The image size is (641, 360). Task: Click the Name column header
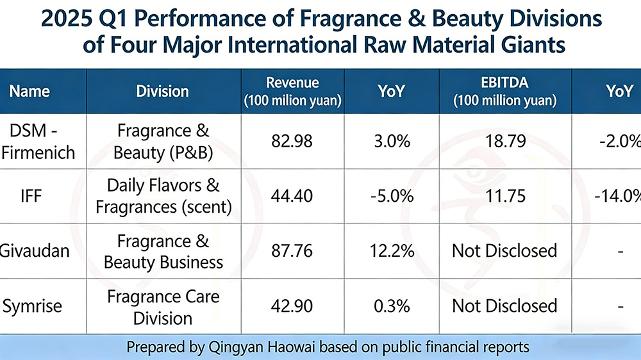pyautogui.click(x=30, y=91)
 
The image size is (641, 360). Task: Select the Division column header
pyautogui.click(x=162, y=91)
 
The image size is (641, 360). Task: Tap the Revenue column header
pyautogui.click(x=292, y=91)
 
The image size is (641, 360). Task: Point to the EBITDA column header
pyautogui.click(x=505, y=91)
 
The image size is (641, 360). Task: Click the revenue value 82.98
pyautogui.click(x=292, y=142)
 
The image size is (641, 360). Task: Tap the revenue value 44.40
pyautogui.click(x=292, y=195)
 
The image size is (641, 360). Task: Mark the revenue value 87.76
pyautogui.click(x=292, y=250)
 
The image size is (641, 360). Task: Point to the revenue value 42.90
pyautogui.click(x=292, y=306)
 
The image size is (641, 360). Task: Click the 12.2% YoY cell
pyautogui.click(x=391, y=250)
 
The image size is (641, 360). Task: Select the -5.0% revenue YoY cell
pyautogui.click(x=391, y=195)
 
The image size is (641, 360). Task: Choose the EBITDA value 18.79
pyautogui.click(x=504, y=142)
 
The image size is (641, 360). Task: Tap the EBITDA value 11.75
pyautogui.click(x=504, y=195)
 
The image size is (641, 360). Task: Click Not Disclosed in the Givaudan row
pyautogui.click(x=504, y=250)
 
